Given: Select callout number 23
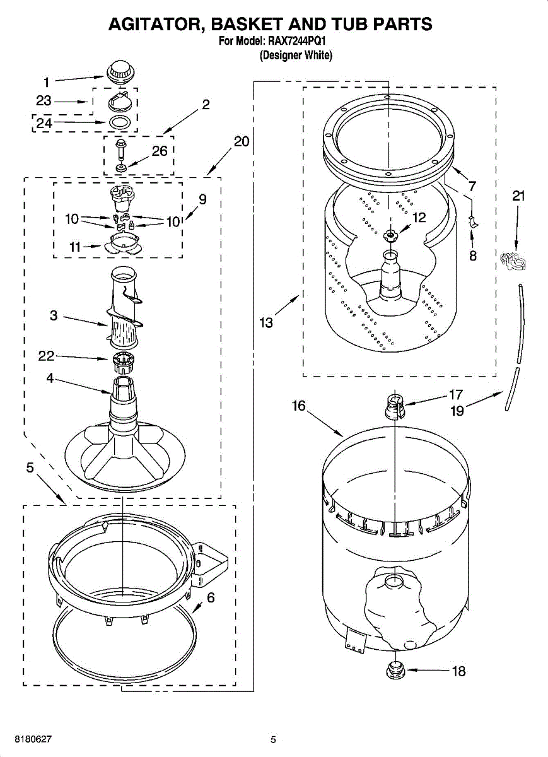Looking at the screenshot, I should click(44, 101).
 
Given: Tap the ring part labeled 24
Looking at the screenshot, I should click(120, 122).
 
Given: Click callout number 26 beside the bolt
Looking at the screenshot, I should click(160, 151).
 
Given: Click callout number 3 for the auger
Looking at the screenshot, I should click(54, 315).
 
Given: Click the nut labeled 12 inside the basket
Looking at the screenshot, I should click(392, 235).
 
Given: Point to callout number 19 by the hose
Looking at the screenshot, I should click(457, 411).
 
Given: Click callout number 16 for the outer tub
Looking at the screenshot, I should click(298, 406).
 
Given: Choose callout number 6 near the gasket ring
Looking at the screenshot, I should click(211, 597).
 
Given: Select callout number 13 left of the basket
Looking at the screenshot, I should click(266, 323).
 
